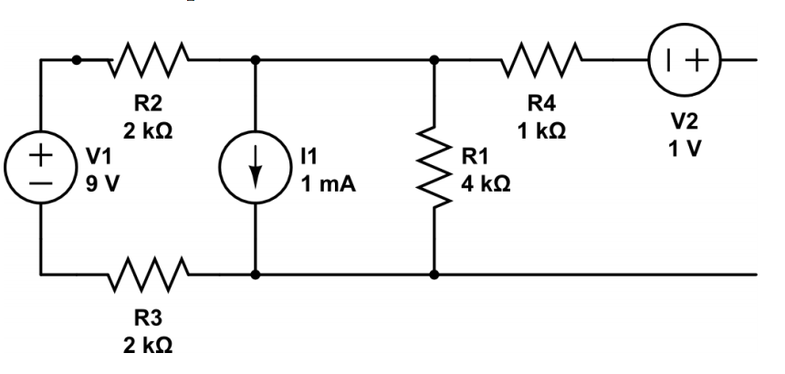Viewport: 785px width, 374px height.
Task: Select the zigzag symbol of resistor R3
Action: (150, 272)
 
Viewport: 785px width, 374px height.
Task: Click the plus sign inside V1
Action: (40, 154)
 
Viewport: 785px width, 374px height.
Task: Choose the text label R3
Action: (149, 318)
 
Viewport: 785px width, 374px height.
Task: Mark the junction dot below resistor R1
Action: (434, 273)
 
